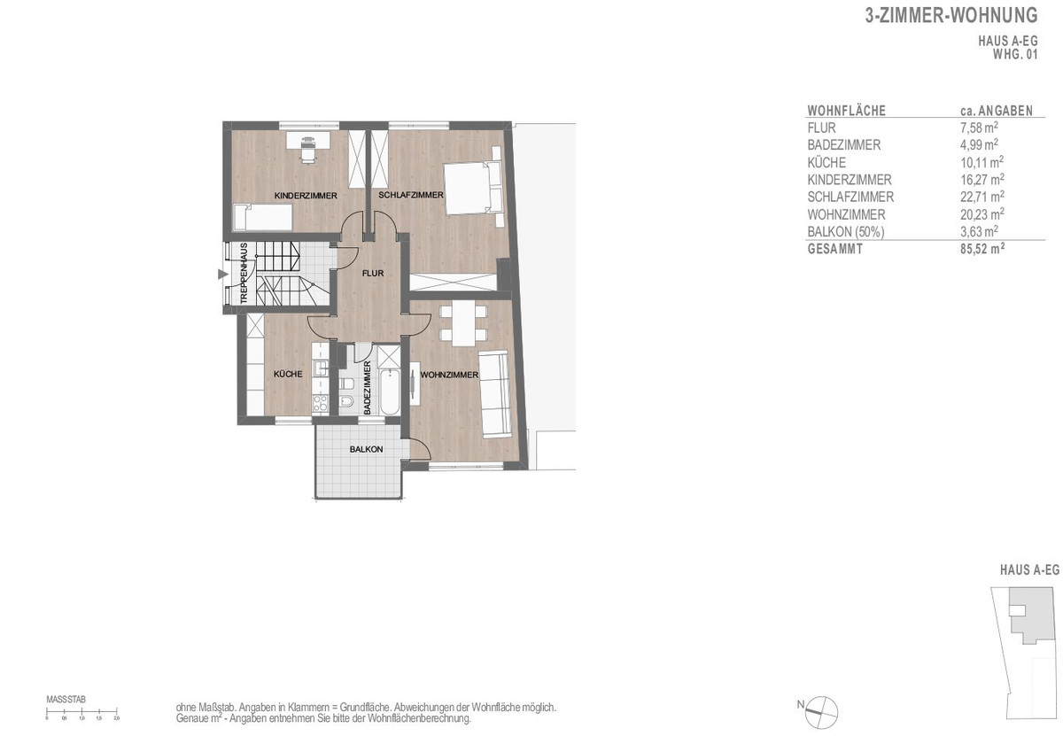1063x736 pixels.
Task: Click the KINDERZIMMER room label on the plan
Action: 305,195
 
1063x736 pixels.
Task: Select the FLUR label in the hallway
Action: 373,274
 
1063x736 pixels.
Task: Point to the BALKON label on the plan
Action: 366,450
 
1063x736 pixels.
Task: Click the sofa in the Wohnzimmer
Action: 494,393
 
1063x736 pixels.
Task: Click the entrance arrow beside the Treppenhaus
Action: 221,275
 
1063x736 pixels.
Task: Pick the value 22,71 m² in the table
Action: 980,198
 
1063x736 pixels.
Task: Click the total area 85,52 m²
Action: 982,250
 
